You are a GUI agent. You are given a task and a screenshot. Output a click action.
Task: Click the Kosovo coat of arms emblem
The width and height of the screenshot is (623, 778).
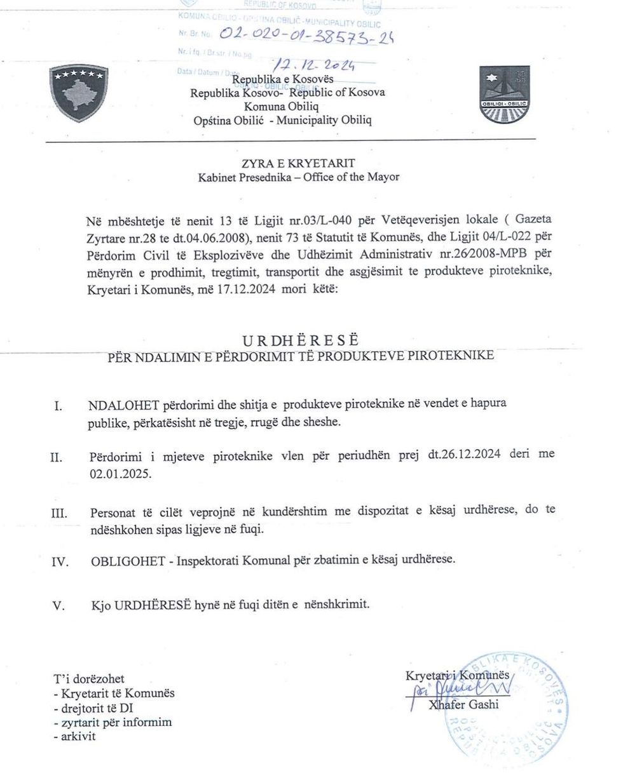tap(79, 91)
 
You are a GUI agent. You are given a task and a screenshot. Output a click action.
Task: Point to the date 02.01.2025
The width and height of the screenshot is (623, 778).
tap(121, 474)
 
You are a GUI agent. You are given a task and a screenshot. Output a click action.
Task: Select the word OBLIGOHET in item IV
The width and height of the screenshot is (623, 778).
tap(131, 560)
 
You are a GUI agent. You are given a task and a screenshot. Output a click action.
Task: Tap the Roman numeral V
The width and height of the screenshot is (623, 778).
tap(58, 606)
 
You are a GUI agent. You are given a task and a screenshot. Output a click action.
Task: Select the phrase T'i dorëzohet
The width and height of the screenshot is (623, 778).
tap(89, 679)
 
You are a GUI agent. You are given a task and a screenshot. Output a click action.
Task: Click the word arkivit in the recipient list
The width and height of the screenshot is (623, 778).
tap(78, 737)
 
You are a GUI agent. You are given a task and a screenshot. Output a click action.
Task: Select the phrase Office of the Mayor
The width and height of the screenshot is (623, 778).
tap(351, 177)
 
